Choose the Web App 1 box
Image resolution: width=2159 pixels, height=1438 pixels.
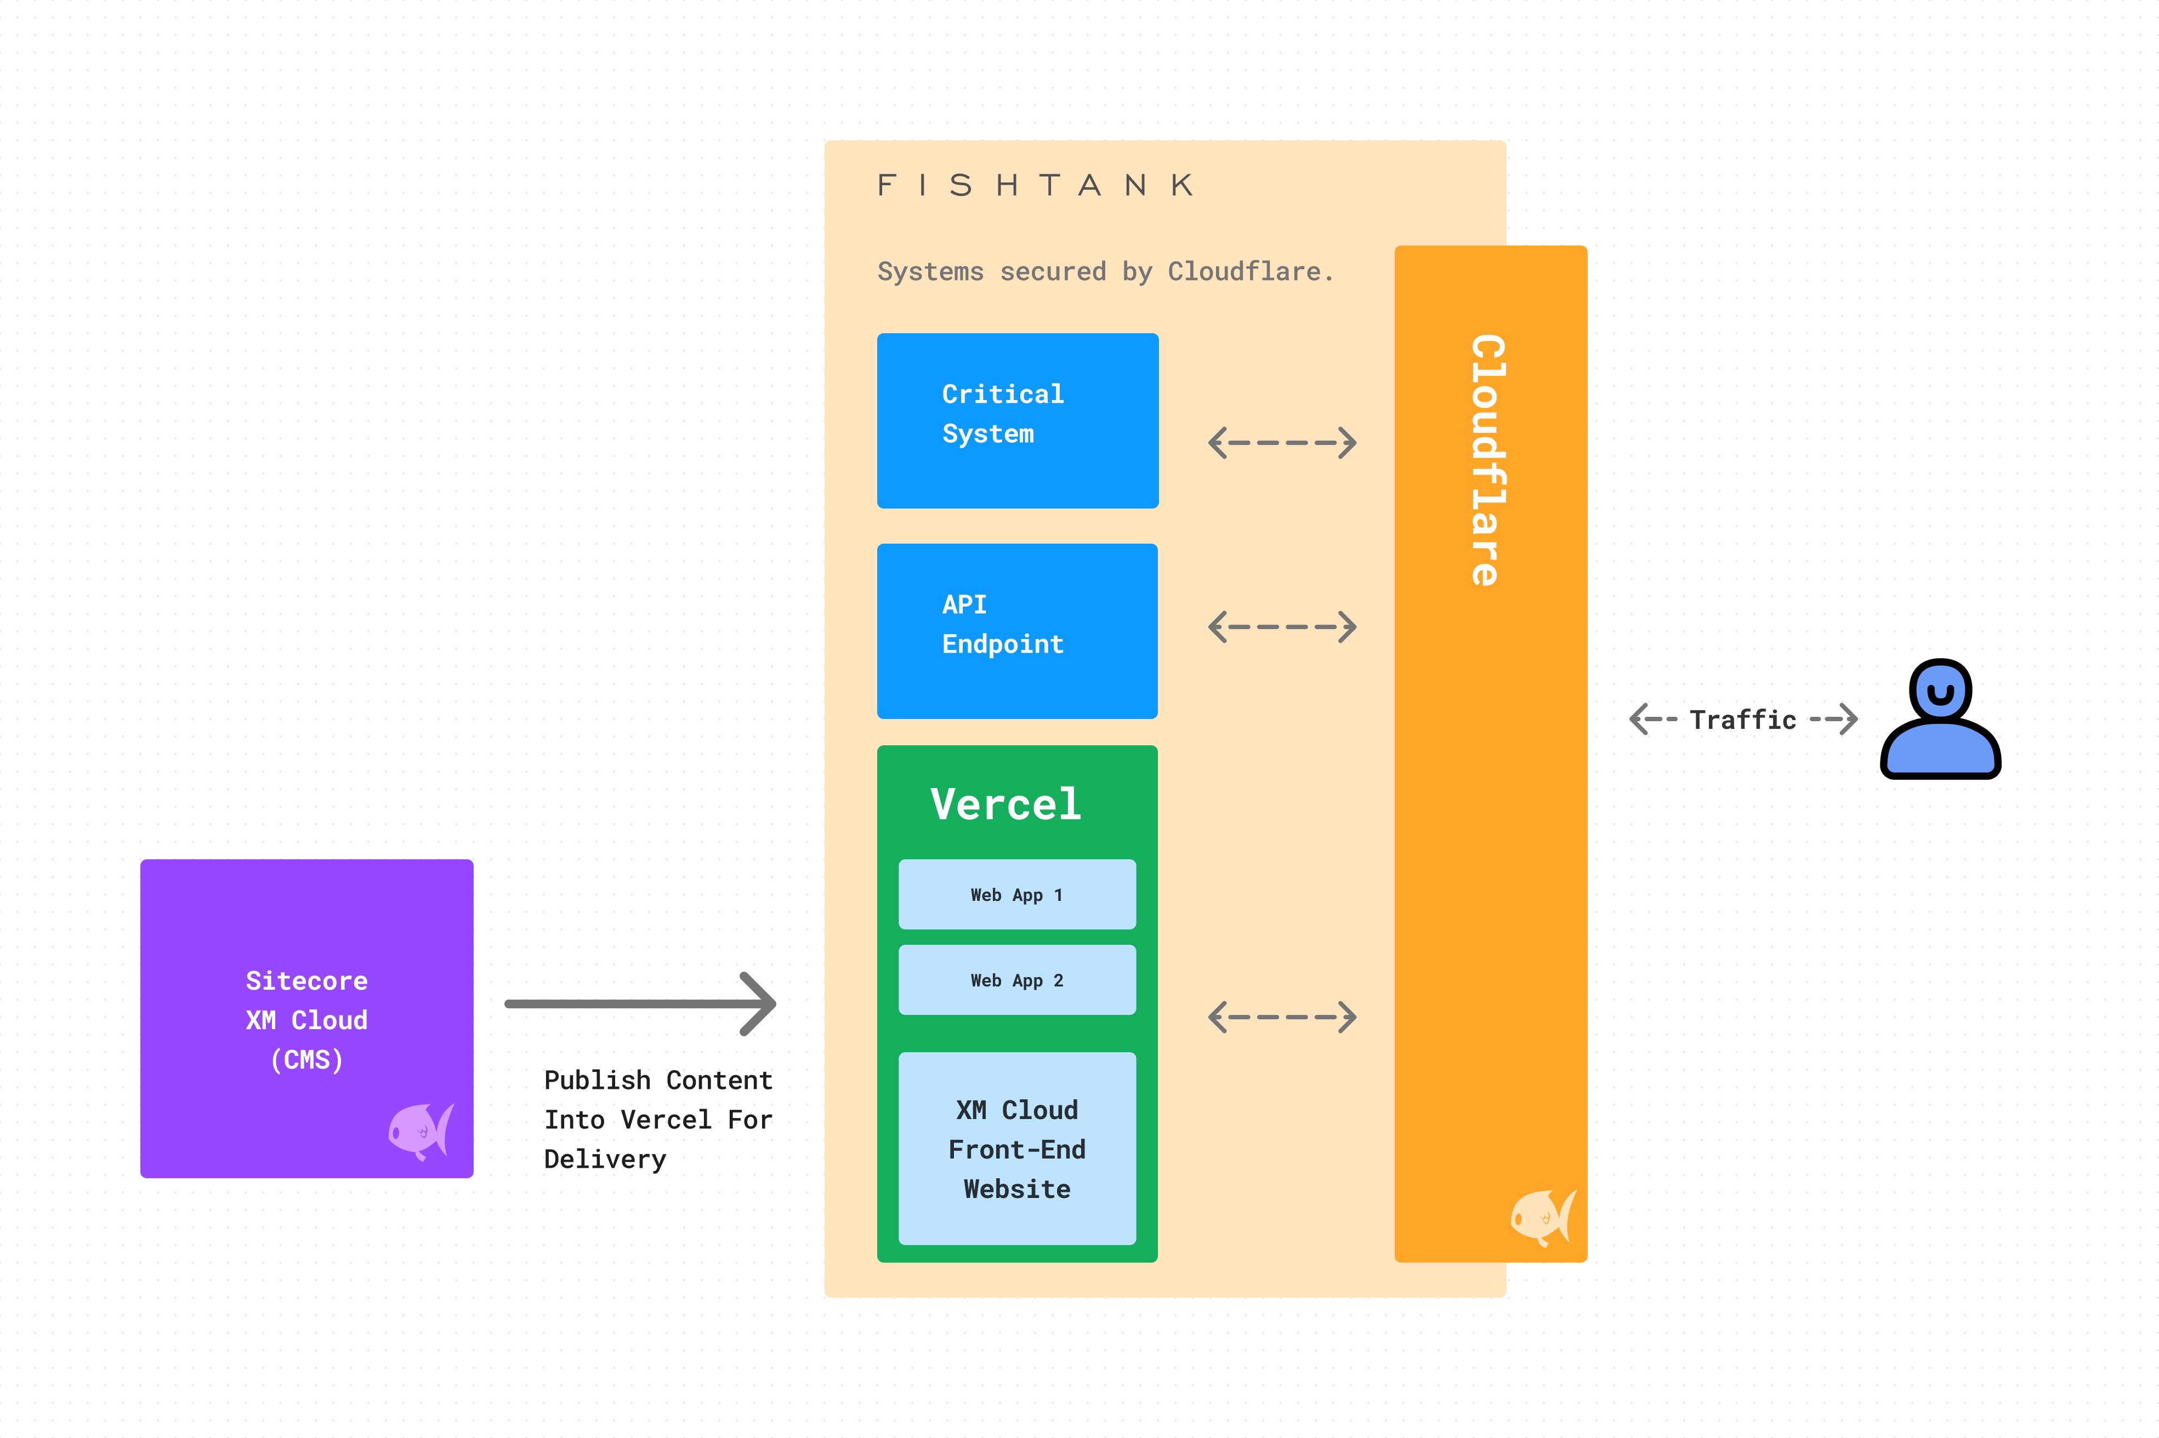(x=1016, y=894)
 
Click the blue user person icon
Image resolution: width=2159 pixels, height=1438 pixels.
(x=1940, y=720)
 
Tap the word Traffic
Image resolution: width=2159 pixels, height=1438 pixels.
(x=1742, y=720)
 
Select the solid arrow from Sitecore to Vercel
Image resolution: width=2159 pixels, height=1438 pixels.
(x=640, y=1004)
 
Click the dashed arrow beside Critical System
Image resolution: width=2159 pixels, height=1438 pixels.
(x=1282, y=443)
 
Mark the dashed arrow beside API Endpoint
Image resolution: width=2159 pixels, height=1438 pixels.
(x=1282, y=627)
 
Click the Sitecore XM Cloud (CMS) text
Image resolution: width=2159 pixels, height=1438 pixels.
(x=306, y=1020)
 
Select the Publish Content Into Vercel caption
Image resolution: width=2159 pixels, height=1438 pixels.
(x=658, y=1119)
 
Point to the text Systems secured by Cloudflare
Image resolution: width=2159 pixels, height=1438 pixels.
(x=1105, y=271)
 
